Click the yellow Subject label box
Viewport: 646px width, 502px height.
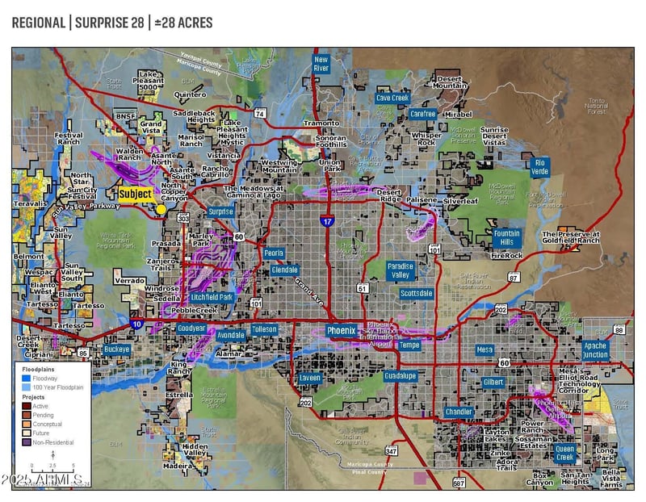(135, 195)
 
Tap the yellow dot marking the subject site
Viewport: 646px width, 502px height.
(161, 209)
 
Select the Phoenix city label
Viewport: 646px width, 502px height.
(341, 330)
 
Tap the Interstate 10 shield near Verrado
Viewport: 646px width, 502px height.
(136, 322)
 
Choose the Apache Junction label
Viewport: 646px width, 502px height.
(595, 349)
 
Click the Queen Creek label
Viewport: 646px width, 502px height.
(565, 453)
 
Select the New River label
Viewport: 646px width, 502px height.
(321, 64)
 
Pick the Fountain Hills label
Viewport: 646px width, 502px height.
(505, 237)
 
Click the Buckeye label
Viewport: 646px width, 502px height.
(117, 349)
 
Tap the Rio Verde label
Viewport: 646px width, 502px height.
(540, 167)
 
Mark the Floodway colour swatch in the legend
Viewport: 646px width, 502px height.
(27, 377)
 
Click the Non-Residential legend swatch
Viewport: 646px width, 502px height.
(27, 442)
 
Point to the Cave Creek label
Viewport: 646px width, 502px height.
(392, 98)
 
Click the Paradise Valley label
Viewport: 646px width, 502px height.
(401, 270)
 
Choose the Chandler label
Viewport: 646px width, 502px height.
(459, 412)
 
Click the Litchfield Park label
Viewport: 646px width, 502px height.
(212, 297)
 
